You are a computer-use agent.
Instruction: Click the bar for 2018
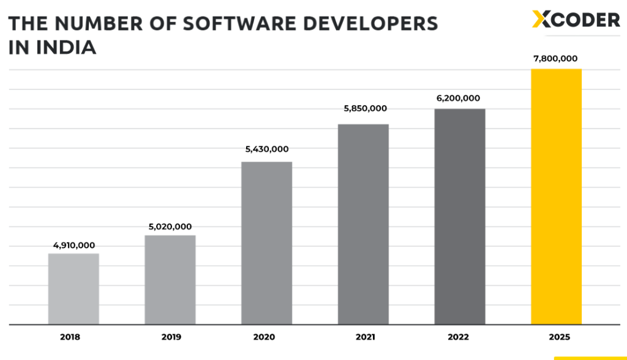click(x=73, y=289)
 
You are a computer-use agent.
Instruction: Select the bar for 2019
click(x=170, y=280)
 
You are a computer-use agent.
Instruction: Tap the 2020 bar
click(x=266, y=243)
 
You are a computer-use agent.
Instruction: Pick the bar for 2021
click(x=363, y=224)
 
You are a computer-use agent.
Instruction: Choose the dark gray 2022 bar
click(x=460, y=217)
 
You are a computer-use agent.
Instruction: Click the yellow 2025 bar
click(x=556, y=197)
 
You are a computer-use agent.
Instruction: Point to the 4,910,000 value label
click(x=74, y=246)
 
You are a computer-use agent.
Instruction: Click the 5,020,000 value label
click(x=170, y=227)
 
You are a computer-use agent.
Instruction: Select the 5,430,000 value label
click(x=267, y=149)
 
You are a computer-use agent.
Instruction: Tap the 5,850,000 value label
click(x=364, y=108)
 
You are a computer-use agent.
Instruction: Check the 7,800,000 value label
click(x=556, y=59)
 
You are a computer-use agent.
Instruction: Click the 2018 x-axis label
click(x=70, y=337)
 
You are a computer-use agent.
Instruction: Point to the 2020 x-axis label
click(x=265, y=337)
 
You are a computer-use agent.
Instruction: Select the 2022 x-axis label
click(x=457, y=337)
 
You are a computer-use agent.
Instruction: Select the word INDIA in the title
click(x=67, y=48)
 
